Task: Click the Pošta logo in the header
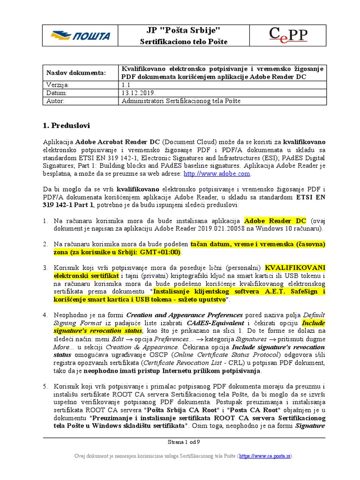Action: click(81, 36)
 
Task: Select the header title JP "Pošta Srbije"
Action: click(184, 31)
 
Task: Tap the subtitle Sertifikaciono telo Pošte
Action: click(184, 42)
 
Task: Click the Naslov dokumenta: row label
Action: click(76, 73)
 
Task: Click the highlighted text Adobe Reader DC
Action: click(275, 221)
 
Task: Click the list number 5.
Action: click(45, 387)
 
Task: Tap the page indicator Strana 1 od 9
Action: click(184, 442)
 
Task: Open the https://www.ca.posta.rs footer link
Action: click(265, 456)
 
